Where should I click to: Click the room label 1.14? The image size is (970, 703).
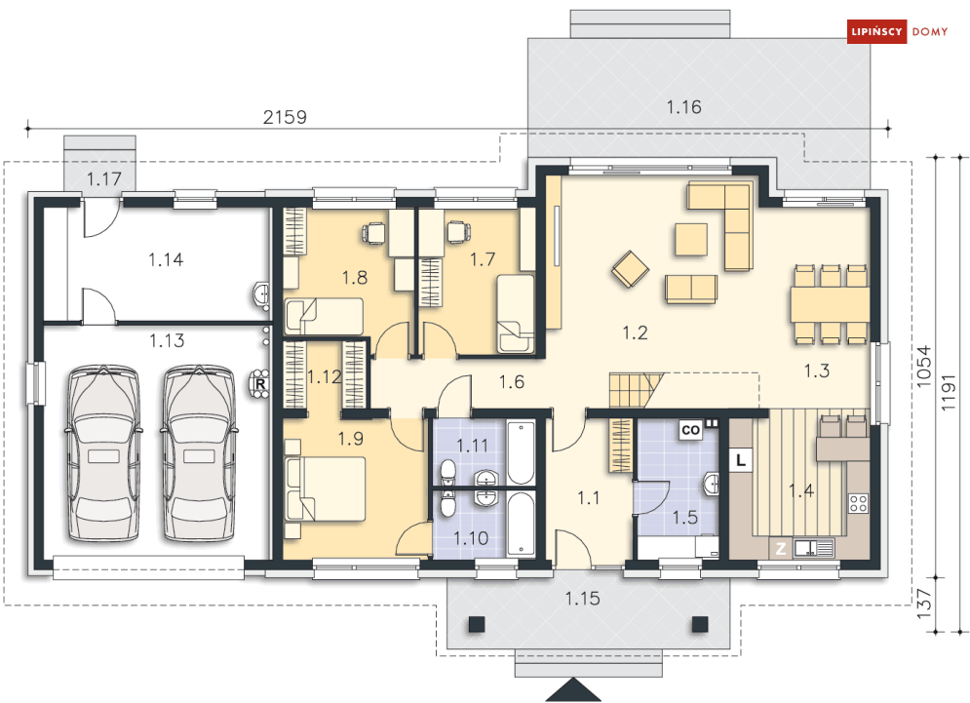click(166, 259)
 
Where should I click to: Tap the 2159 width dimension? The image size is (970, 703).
click(285, 117)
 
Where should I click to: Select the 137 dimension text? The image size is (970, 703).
click(923, 604)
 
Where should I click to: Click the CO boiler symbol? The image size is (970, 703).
click(690, 429)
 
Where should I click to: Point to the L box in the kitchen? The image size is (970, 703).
click(741, 460)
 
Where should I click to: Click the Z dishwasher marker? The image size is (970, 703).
click(781, 548)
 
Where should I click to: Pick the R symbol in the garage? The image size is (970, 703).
click(260, 384)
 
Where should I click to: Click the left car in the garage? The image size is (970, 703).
click(104, 453)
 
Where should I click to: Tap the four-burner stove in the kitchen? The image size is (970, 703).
click(858, 503)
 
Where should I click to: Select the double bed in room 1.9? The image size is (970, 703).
click(326, 488)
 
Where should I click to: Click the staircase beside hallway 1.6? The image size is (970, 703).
click(636, 390)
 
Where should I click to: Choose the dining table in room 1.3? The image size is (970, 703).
click(831, 304)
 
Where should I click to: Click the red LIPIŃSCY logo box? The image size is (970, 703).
click(876, 31)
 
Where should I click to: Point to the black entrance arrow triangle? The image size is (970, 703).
click(573, 689)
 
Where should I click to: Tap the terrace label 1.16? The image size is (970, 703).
click(683, 107)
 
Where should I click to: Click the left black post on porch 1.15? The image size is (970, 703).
click(477, 624)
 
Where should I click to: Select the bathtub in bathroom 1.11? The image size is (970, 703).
click(521, 452)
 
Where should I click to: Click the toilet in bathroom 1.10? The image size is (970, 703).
click(446, 503)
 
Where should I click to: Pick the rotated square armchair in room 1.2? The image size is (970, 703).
click(631, 269)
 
